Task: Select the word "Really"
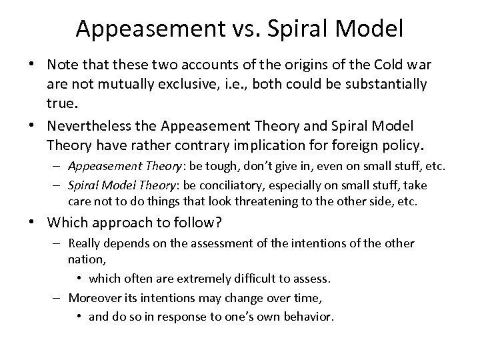[x=85, y=244]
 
